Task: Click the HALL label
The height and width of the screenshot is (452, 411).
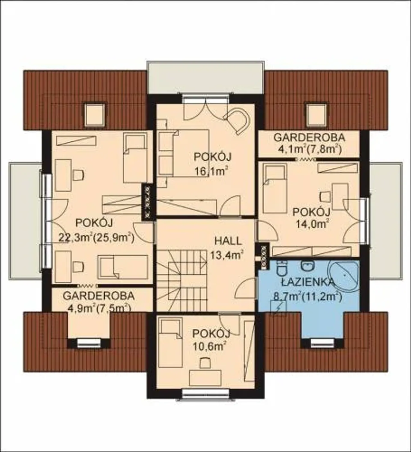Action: point(228,241)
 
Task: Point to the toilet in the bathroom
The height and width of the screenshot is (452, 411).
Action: point(281,269)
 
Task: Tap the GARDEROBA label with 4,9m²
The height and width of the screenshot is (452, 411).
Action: point(99,296)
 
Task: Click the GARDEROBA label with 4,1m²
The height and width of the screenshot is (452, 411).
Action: point(309,137)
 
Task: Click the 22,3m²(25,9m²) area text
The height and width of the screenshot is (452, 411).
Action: point(97,238)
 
